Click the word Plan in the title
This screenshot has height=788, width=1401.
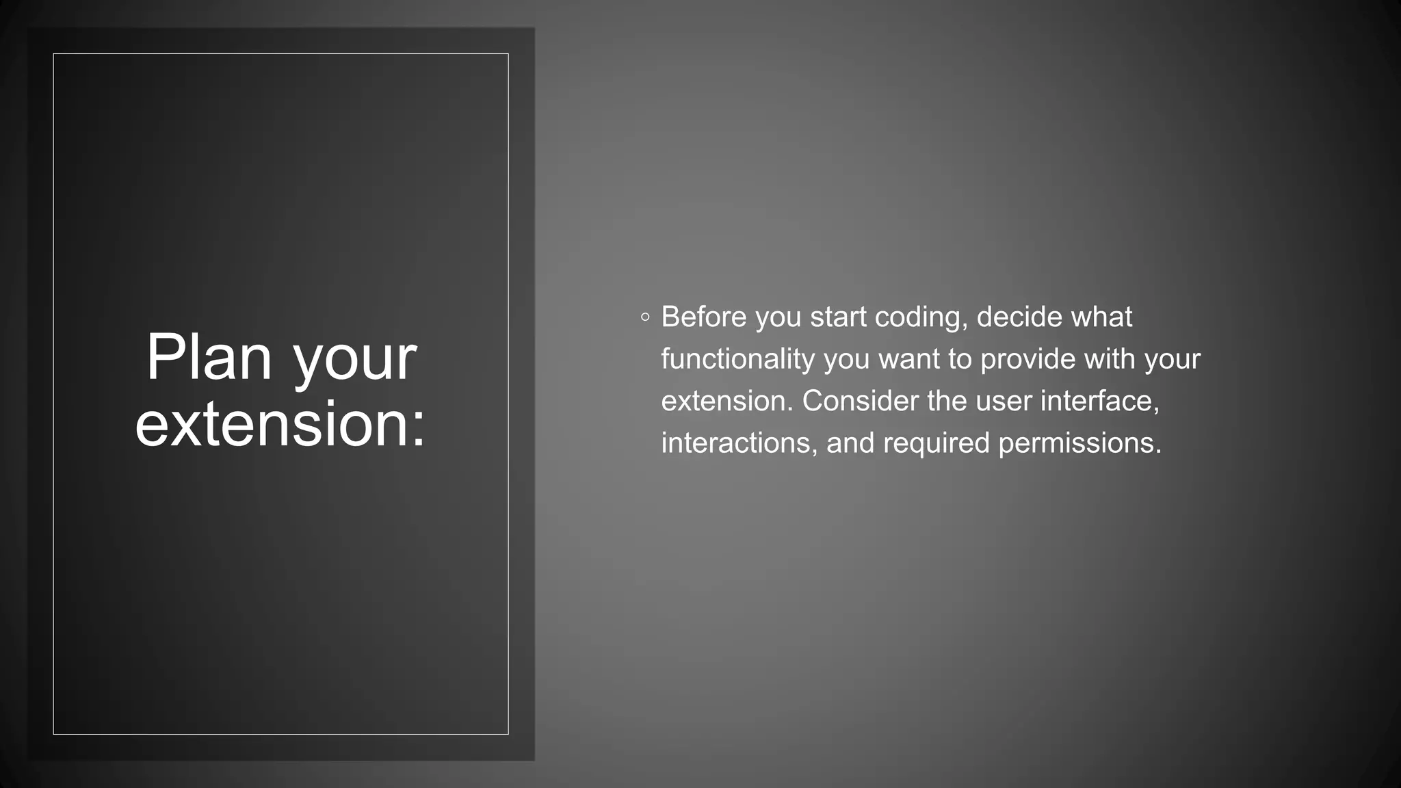pos(209,358)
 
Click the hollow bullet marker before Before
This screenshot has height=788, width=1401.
pos(645,317)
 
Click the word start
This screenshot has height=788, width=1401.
pos(838,317)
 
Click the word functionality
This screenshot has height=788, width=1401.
pos(737,360)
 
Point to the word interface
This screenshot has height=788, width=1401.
pos(1099,402)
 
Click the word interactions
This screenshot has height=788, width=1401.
pos(739,443)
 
